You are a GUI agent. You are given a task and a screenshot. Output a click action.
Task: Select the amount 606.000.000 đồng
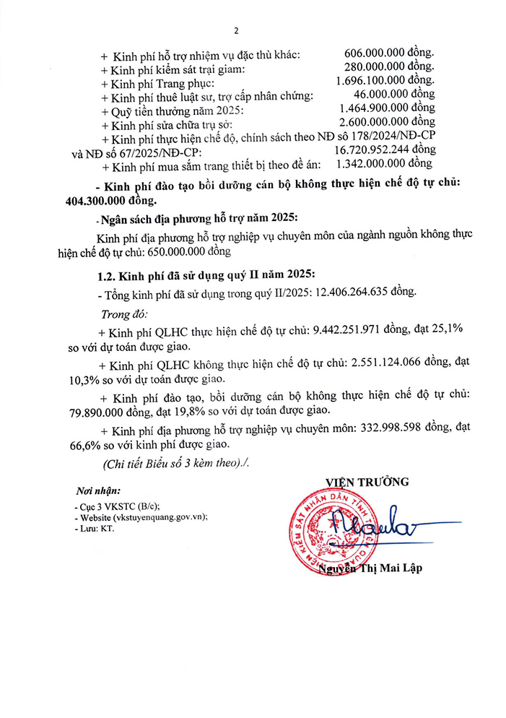point(390,55)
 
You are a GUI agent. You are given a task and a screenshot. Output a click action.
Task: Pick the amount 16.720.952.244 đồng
point(385,150)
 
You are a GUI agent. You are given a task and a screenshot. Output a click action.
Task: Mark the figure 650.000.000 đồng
point(188,253)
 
